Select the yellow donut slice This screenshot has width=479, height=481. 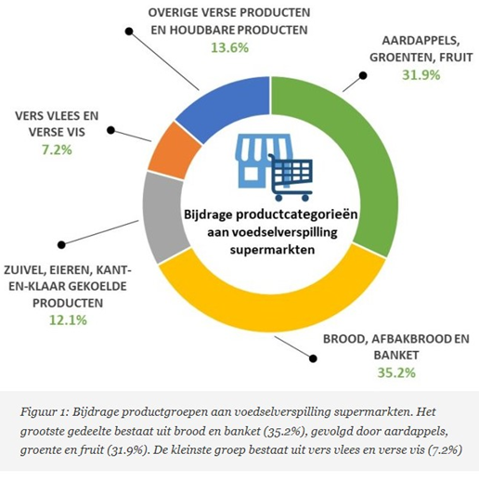tap(272, 313)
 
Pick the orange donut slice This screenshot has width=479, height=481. tap(174, 151)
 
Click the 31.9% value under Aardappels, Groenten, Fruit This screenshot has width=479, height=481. tap(421, 75)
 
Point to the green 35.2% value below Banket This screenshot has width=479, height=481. tap(396, 372)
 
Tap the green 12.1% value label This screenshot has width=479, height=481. tap(68, 320)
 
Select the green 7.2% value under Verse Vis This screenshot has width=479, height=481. tap(57, 150)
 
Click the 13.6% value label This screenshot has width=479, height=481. tap(229, 48)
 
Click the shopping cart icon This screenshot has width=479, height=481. tap(291, 177)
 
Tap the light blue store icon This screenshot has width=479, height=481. tap(257, 161)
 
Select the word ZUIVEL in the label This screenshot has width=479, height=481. tap(24, 270)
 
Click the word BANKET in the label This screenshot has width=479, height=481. tap(396, 355)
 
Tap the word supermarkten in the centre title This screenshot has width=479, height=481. tap(272, 250)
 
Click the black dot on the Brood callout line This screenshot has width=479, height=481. tap(313, 358)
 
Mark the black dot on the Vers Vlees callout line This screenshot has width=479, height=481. tap(110, 130)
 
